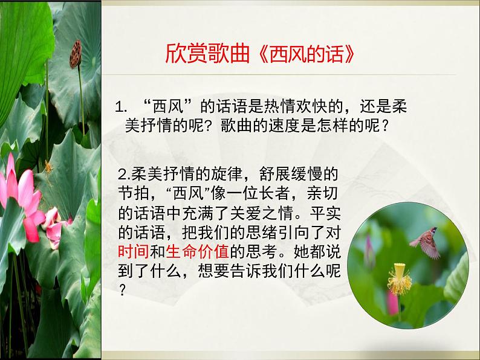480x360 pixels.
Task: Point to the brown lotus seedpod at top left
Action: coord(76,56)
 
